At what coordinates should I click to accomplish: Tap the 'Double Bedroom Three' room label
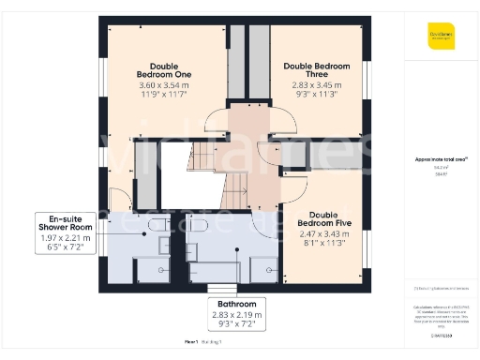pos(316,71)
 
